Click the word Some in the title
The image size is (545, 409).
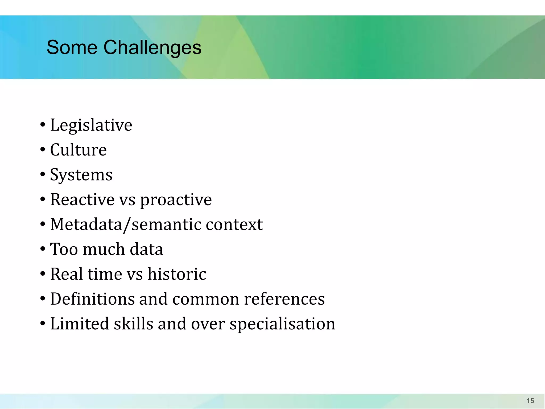click(72, 47)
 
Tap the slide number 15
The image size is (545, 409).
click(530, 401)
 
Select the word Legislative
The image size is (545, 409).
click(91, 125)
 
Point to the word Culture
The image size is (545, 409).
click(78, 150)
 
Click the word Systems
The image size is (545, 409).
click(81, 175)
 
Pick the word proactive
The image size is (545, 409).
click(176, 200)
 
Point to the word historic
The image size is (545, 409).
click(177, 274)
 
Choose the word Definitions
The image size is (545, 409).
click(92, 299)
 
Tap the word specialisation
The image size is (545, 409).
click(282, 324)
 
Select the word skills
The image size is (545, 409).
click(133, 324)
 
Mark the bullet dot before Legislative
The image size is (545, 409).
click(43, 125)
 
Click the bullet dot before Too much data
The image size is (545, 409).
click(43, 249)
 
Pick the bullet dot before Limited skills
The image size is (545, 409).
click(43, 324)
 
